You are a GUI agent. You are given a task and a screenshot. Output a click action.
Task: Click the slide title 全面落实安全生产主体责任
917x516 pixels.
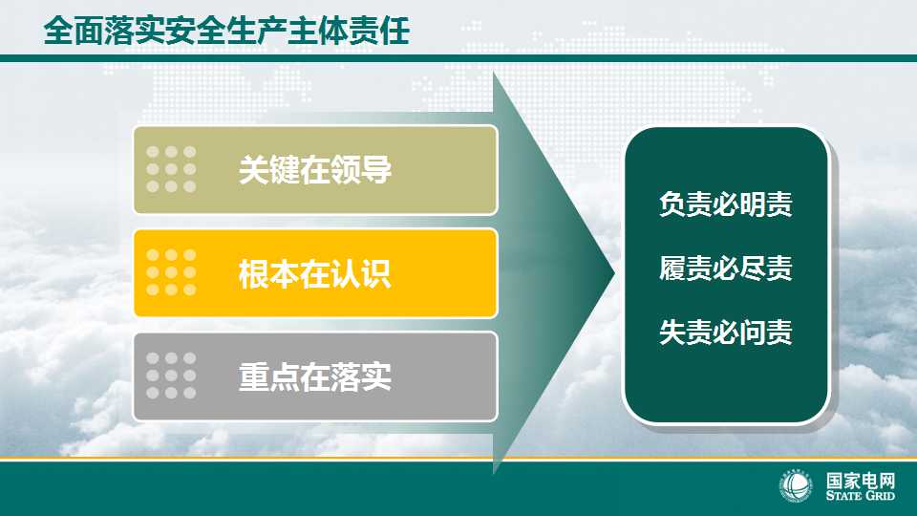point(226,31)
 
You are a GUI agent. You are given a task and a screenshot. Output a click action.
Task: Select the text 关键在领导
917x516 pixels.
point(315,170)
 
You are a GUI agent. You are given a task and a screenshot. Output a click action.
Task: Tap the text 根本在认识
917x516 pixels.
point(315,273)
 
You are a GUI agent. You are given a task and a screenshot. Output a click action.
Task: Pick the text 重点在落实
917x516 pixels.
point(315,376)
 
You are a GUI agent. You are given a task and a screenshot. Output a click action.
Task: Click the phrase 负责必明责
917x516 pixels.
point(726,204)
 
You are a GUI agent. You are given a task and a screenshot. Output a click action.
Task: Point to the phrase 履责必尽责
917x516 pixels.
point(726,268)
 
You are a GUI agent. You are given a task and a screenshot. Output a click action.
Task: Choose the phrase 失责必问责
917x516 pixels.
point(726,333)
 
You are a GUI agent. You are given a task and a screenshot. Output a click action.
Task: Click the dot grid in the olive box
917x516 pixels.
point(171,169)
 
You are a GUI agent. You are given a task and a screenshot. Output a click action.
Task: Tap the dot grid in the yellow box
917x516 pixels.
point(171,272)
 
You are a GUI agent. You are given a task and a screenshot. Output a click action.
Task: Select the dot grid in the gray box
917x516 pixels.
point(171,376)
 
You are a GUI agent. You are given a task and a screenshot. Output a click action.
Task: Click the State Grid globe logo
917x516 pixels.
point(796,486)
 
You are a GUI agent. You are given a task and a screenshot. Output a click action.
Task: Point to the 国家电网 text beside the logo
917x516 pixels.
point(861,481)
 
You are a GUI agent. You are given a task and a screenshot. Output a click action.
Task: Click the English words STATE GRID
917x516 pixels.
point(861,496)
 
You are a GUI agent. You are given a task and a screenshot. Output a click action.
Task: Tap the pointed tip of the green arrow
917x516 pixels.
point(614,272)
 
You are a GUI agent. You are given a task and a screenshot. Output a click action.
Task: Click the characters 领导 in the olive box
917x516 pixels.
point(361,170)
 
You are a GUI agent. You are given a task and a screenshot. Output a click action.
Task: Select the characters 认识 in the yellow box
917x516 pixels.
point(361,273)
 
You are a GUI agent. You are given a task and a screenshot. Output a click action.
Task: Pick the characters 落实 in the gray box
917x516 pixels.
point(361,376)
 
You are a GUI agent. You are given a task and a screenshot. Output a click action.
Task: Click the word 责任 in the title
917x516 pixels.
point(379,31)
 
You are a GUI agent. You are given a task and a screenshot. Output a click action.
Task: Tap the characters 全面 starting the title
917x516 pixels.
point(74,31)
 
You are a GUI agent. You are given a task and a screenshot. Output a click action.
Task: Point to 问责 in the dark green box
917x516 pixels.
point(766,333)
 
